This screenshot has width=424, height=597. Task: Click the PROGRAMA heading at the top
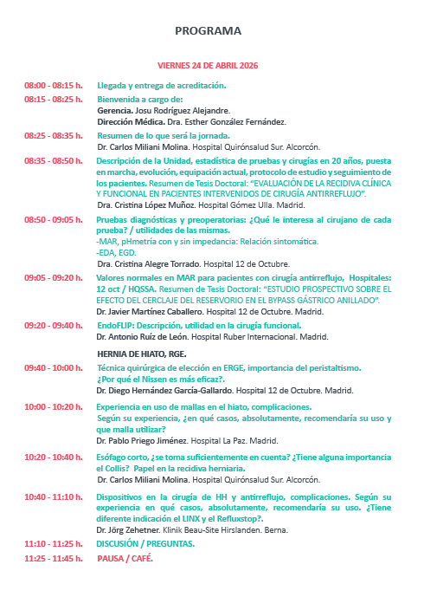(208, 31)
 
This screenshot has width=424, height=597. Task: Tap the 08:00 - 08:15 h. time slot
(53, 86)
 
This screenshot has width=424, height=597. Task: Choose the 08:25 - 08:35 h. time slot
(53, 136)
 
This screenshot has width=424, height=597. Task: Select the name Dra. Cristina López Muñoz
(141, 205)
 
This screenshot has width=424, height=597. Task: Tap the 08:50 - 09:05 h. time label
(53, 220)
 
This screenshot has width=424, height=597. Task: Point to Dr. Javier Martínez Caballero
(147, 309)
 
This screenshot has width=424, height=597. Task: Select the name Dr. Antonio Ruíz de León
(140, 336)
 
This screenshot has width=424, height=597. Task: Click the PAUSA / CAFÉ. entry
(125, 558)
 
